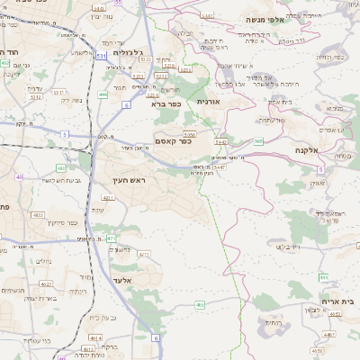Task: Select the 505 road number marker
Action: (259, 140)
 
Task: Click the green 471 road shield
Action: (110, 238)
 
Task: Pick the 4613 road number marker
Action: (97, 337)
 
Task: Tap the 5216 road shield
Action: (168, 66)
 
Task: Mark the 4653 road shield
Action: (335, 314)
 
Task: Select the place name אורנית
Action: (208, 103)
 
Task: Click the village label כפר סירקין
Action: (62, 222)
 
